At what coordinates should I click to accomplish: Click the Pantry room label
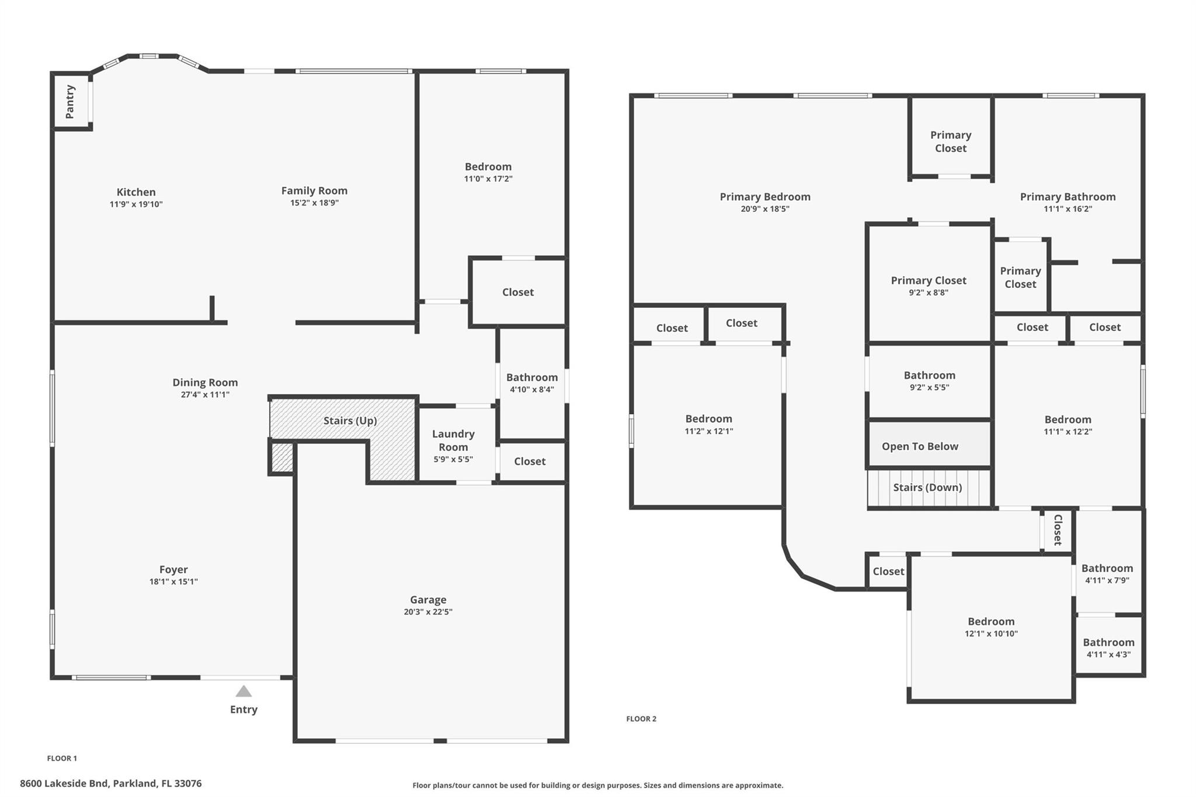tap(70, 102)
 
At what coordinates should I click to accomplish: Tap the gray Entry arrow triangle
tap(244, 691)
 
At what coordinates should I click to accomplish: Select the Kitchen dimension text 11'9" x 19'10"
tap(136, 204)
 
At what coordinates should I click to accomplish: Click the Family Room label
tap(314, 190)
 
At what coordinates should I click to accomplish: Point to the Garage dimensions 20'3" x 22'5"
tap(428, 612)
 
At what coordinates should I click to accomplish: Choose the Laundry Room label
tap(453, 440)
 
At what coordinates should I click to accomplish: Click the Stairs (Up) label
tap(350, 420)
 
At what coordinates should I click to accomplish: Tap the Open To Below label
tap(920, 446)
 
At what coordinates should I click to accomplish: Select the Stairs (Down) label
tap(927, 487)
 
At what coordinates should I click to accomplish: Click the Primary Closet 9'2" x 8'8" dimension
tap(929, 293)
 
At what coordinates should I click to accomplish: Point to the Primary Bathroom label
tap(1068, 197)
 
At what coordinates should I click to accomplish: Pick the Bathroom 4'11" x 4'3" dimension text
tap(1108, 655)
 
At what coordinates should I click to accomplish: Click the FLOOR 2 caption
tap(641, 719)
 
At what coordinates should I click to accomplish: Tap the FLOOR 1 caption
tap(62, 758)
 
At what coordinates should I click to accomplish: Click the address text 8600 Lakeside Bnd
tap(64, 784)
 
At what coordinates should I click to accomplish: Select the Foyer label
tap(173, 569)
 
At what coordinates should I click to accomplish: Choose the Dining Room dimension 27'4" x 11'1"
tap(205, 395)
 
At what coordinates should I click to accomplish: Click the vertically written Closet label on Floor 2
tap(1058, 530)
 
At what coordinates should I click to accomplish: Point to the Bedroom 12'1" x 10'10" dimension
tap(991, 634)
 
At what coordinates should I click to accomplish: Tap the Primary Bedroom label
tap(765, 197)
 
